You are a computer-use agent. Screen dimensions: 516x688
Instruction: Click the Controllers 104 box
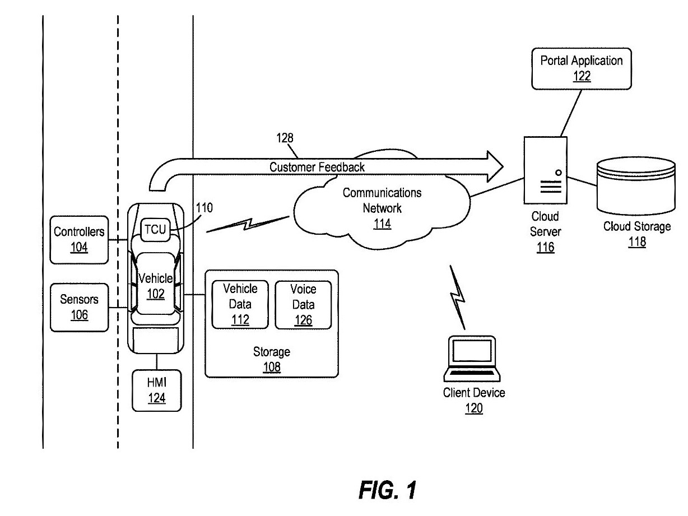79,239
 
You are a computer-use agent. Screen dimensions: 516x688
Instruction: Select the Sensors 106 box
79,306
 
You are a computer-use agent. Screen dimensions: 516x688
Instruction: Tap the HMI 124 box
157,391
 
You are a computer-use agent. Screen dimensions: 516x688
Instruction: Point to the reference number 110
204,208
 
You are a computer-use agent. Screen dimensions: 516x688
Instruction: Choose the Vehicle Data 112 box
240,304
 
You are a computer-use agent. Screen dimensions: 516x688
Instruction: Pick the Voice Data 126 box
303,304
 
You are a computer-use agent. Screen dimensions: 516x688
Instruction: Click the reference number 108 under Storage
272,368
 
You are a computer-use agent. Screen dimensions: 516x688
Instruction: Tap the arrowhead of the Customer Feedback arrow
494,166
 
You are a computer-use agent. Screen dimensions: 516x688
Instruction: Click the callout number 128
285,138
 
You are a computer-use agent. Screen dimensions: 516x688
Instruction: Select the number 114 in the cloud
382,224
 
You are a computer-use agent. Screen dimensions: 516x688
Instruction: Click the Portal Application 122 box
581,67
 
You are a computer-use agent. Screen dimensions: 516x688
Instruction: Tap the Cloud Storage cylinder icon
636,185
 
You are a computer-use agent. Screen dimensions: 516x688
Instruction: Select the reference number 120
474,409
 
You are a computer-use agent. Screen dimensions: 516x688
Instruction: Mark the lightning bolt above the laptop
459,296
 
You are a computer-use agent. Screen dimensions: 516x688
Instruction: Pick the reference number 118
637,242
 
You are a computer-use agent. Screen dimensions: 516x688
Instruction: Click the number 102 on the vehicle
156,293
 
